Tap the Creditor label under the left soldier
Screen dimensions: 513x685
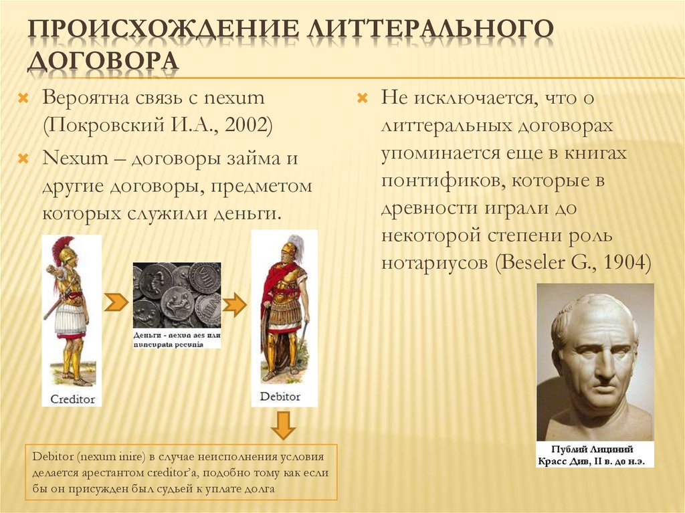tap(73, 399)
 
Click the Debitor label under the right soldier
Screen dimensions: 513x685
tap(280, 397)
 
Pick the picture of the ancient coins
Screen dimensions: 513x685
tap(177, 294)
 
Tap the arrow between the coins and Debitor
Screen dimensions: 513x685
tap(233, 305)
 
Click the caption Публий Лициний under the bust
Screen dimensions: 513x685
tap(595, 449)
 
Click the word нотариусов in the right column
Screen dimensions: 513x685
tap(435, 262)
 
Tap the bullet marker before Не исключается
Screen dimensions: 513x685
tap(362, 98)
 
